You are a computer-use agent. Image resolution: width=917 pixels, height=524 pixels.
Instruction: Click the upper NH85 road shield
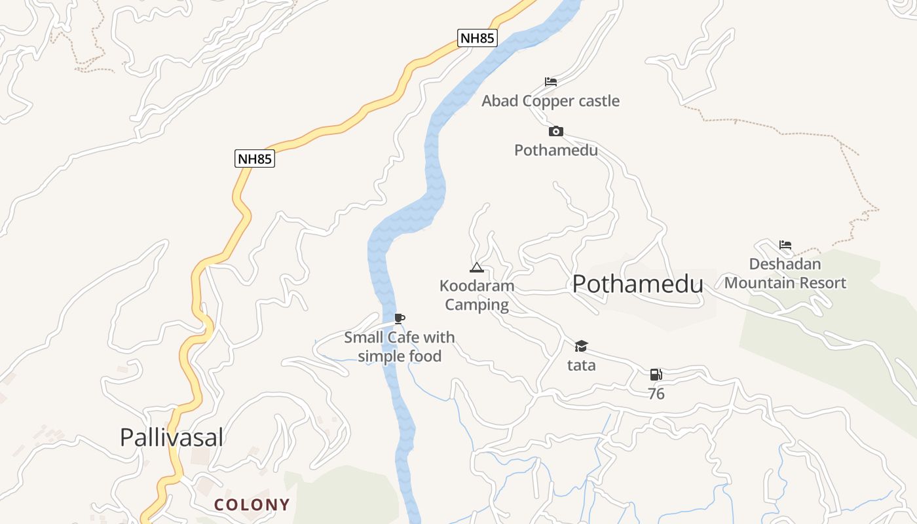pyautogui.click(x=477, y=38)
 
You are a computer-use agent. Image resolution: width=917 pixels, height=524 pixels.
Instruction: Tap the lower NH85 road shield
pyautogui.click(x=255, y=159)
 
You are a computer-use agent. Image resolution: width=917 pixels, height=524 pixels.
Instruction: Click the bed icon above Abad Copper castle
pyautogui.click(x=551, y=82)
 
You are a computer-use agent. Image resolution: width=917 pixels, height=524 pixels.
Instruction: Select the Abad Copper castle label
pyautogui.click(x=550, y=101)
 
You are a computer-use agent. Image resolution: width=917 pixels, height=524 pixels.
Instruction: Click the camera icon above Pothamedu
pyautogui.click(x=555, y=132)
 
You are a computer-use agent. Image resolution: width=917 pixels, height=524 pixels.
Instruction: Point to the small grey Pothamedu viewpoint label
pyautogui.click(x=555, y=150)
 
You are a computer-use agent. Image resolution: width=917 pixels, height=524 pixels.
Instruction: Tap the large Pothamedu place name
pyautogui.click(x=637, y=284)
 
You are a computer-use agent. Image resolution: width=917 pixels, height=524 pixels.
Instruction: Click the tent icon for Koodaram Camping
pyautogui.click(x=477, y=267)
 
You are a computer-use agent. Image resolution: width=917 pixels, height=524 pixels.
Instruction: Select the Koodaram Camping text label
pyautogui.click(x=477, y=295)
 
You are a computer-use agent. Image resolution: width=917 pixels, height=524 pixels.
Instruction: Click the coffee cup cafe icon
pyautogui.click(x=400, y=318)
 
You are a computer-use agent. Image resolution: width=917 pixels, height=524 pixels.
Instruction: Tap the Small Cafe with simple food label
pyautogui.click(x=400, y=347)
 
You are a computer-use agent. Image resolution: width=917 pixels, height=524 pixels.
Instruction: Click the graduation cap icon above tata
pyautogui.click(x=581, y=346)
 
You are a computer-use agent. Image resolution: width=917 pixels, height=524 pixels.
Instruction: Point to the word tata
pyautogui.click(x=581, y=365)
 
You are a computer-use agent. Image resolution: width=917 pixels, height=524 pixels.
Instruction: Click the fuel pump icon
pyautogui.click(x=656, y=375)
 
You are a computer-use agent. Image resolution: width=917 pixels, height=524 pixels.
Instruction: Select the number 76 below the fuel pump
pyautogui.click(x=656, y=394)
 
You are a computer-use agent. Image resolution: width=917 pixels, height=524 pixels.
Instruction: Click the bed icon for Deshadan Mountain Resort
pyautogui.click(x=785, y=245)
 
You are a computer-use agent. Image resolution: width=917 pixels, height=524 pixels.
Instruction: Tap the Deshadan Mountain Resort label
pyautogui.click(x=785, y=274)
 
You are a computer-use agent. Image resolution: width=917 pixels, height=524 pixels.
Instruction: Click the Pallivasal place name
pyautogui.click(x=172, y=437)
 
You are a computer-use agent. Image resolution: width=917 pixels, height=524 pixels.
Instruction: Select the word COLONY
pyautogui.click(x=252, y=505)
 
